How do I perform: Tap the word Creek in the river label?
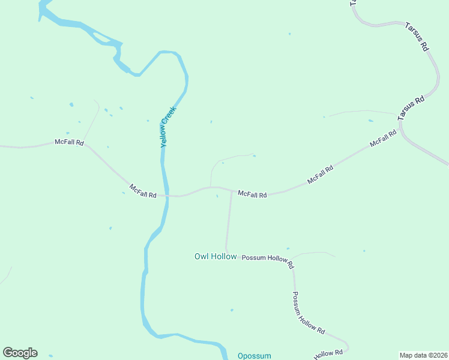click(x=170, y=116)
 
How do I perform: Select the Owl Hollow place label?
click(x=215, y=256)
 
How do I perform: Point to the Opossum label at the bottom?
click(x=255, y=355)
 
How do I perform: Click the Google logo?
click(x=20, y=353)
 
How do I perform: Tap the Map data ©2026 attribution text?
click(x=424, y=355)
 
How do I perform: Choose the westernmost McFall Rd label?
click(x=69, y=142)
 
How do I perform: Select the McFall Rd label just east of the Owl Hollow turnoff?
click(x=252, y=194)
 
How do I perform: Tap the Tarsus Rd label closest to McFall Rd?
click(x=411, y=106)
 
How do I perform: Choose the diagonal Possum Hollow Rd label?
click(x=309, y=313)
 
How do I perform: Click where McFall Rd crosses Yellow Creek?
click(x=165, y=196)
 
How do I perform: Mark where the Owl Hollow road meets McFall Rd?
click(x=232, y=191)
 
